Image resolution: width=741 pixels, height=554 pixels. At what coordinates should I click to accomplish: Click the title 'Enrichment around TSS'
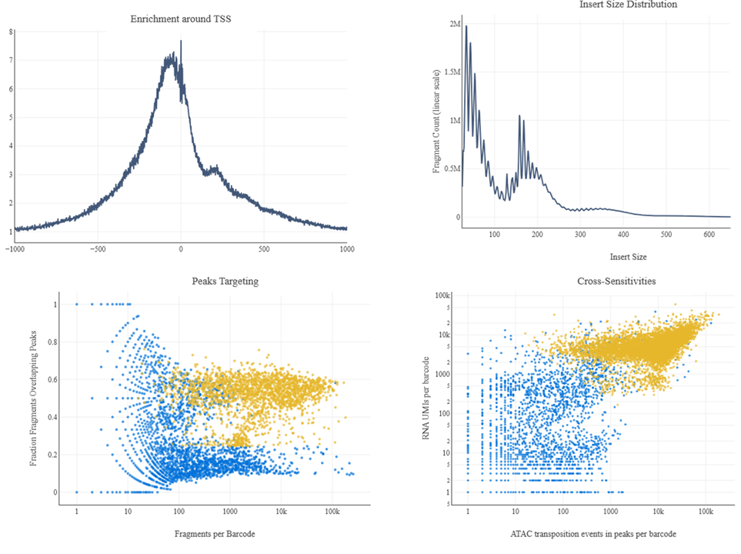(181, 18)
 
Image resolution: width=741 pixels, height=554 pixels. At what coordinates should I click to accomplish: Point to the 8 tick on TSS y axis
(10, 32)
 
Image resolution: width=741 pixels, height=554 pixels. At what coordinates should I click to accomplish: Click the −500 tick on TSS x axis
(96, 249)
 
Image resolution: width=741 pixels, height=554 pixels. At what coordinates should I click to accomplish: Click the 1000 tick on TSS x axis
(347, 249)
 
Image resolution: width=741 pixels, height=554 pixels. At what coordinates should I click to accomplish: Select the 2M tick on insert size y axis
(455, 24)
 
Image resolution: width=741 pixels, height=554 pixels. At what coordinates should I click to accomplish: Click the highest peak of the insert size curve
(466, 25)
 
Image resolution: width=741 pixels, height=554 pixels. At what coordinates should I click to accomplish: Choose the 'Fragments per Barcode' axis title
(215, 533)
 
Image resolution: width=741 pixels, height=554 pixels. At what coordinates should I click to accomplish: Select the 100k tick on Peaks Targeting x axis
(332, 512)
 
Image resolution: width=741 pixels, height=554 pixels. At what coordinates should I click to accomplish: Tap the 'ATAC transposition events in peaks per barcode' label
(589, 534)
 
